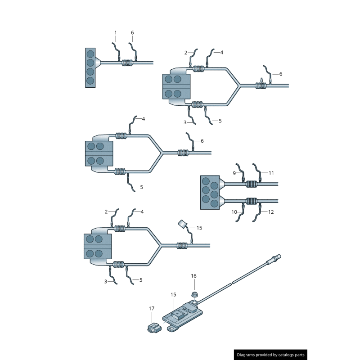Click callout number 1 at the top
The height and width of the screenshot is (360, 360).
pos(116,33)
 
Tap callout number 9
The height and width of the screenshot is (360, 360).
pos(234,173)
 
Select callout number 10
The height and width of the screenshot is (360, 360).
pos(234,212)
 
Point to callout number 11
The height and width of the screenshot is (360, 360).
pos(271,173)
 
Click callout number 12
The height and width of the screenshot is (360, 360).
pos(271,212)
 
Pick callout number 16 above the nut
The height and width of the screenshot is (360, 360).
pos(193,276)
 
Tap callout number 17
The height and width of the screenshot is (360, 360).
pos(152,308)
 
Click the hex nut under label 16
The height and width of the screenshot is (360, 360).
pos(195,294)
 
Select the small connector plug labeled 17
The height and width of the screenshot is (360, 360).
pos(154,328)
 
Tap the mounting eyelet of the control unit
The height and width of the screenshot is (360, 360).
pos(171,328)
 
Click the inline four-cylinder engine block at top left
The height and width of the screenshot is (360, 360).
pos(90,68)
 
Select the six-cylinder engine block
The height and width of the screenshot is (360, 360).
pos(210,193)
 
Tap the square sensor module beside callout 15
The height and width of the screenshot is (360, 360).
pos(183,223)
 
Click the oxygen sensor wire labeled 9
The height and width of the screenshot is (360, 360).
pos(240,172)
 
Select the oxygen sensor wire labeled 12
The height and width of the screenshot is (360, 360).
pos(257,213)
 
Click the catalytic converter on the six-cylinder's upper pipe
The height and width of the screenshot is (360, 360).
pos(252,184)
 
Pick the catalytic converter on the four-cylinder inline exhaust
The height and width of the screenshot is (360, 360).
pos(127,63)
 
